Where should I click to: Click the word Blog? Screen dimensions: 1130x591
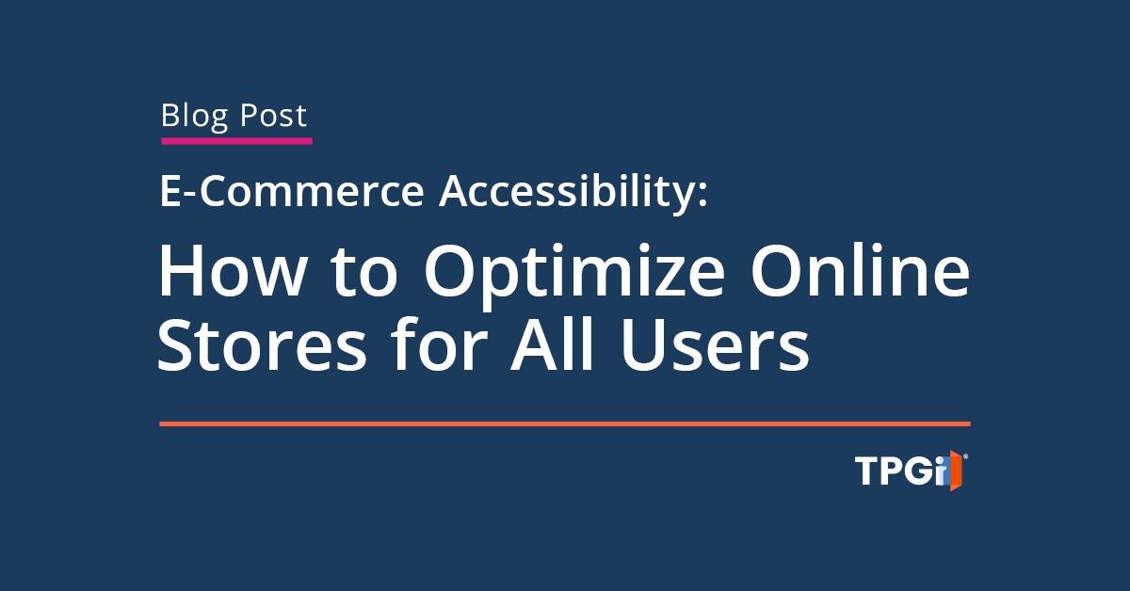pyautogui.click(x=194, y=117)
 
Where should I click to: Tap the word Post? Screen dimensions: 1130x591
pyautogui.click(x=273, y=116)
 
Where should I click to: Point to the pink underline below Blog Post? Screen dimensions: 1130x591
pyautogui.click(x=236, y=141)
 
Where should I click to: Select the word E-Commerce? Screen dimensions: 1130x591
pyautogui.click(x=292, y=191)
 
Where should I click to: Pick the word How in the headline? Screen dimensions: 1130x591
pyautogui.click(x=232, y=270)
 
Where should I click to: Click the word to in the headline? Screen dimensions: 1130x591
pyautogui.click(x=364, y=272)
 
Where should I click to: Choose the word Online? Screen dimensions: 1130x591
pyautogui.click(x=860, y=270)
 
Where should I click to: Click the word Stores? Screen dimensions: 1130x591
pyautogui.click(x=262, y=346)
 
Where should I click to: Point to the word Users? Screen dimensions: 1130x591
pyautogui.click(x=716, y=346)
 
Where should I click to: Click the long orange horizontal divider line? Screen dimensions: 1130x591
pyautogui.click(x=565, y=424)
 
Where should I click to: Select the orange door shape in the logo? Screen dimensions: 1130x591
pyautogui.click(x=956, y=471)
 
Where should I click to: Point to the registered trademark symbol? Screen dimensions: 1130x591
pyautogui.click(x=965, y=456)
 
